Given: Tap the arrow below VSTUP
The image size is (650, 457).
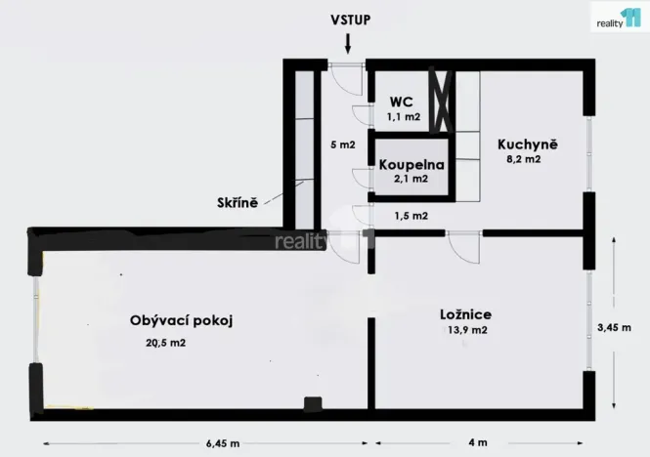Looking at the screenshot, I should [347, 42].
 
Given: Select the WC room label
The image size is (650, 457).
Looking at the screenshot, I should [402, 102].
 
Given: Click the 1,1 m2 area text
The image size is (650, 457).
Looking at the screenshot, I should [404, 116].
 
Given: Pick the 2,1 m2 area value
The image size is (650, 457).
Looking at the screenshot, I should [410, 179].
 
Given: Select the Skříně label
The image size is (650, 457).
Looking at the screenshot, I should [238, 203].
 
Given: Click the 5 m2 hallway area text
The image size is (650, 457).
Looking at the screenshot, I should [342, 145].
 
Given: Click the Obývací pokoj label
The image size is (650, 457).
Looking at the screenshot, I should [180, 320].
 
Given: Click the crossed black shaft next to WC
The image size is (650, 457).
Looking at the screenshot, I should [443, 101].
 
